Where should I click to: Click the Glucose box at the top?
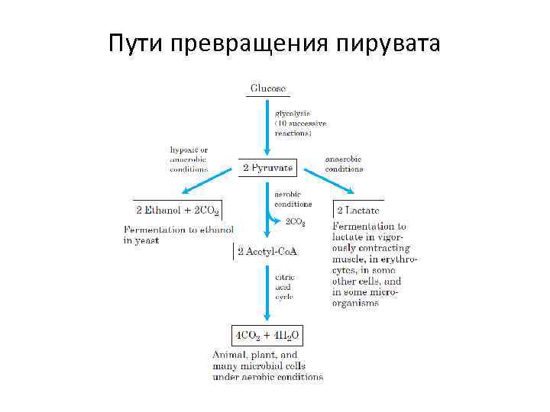pos(268,89)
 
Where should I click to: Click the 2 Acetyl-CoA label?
pos(267,252)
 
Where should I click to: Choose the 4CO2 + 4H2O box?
pos(267,335)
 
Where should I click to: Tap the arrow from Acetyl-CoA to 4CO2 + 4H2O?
pos(267,294)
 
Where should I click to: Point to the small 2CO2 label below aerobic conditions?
pos(295,223)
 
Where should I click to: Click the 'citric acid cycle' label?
pos(285,288)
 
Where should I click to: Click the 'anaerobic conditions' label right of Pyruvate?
pos(345,164)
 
